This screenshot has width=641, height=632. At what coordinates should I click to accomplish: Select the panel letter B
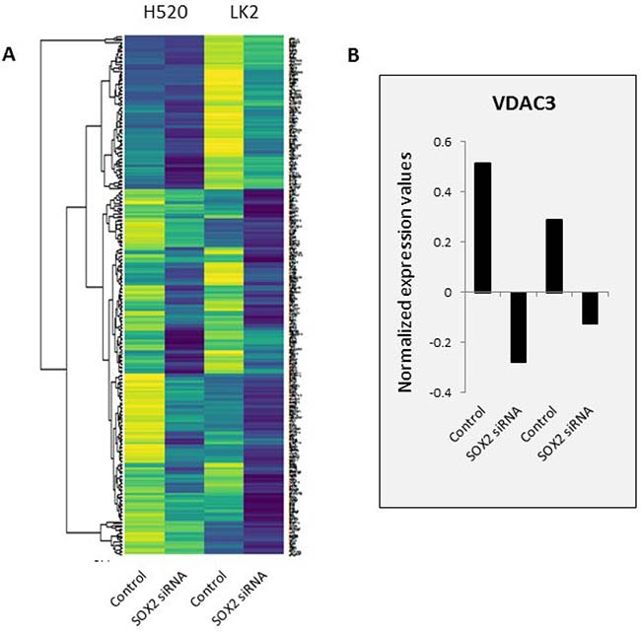(353, 57)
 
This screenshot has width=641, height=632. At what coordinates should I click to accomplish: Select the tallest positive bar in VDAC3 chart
(482, 228)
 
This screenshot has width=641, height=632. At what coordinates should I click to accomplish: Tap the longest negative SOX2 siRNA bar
(518, 327)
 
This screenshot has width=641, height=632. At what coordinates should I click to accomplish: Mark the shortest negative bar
(589, 309)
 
